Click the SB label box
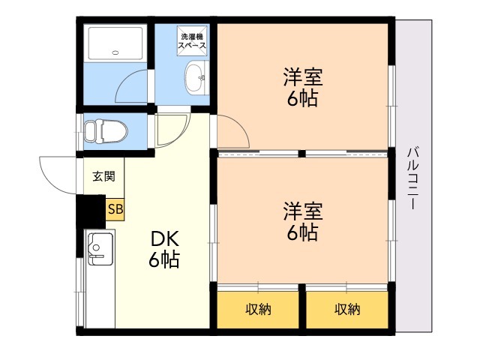click(x=115, y=209)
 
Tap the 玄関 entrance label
click(x=103, y=176)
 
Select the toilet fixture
click(x=106, y=131)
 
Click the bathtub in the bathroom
click(x=115, y=43)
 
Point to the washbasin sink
click(x=196, y=77)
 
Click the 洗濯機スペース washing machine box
click(x=192, y=41)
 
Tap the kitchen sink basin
click(x=100, y=248)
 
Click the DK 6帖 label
click(x=164, y=249)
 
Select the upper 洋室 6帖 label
click(x=303, y=88)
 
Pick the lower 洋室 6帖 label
click(x=303, y=221)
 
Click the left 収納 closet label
click(x=258, y=309)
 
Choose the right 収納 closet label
click(x=347, y=309)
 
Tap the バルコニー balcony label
click(x=413, y=178)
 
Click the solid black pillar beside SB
click(x=91, y=211)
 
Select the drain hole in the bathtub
click(x=115, y=52)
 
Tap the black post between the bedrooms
click(x=301, y=154)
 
